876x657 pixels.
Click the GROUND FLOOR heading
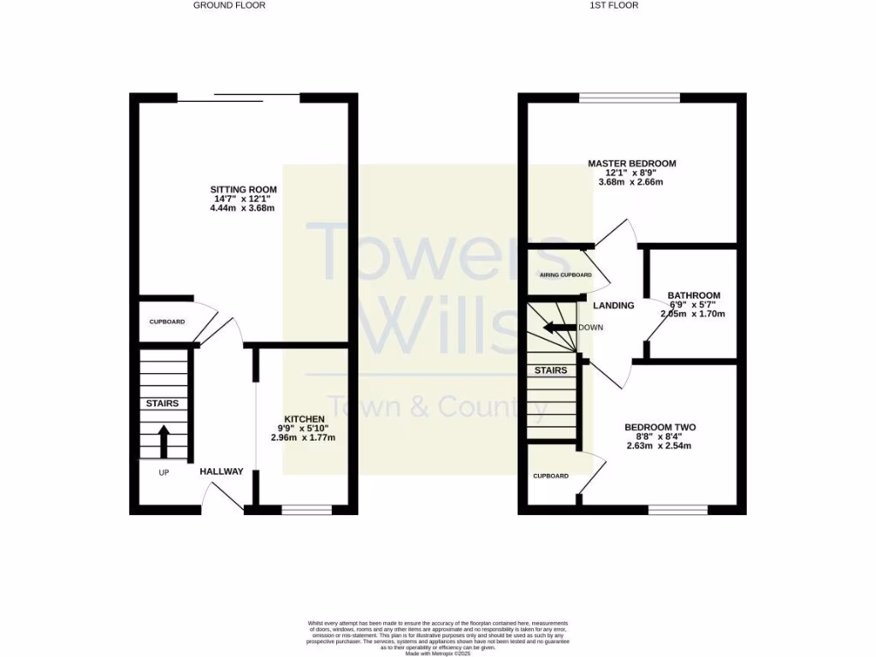click(x=229, y=5)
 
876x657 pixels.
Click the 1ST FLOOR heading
click(x=614, y=5)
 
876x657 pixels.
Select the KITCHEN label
click(x=305, y=418)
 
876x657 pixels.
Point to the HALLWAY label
click(x=222, y=471)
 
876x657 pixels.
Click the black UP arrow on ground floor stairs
click(x=163, y=441)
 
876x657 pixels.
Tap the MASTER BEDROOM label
click(x=631, y=163)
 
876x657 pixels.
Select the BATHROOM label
click(x=694, y=296)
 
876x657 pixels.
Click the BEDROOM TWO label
click(x=660, y=428)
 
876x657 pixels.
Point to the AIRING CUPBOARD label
click(x=565, y=275)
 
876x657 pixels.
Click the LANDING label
click(x=613, y=305)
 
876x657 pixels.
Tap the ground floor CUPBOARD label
click(x=167, y=322)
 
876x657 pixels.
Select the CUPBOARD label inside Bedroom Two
click(x=551, y=476)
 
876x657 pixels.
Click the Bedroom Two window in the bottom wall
click(x=678, y=510)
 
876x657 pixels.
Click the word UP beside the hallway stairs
click(x=163, y=471)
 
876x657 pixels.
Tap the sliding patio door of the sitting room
click(x=239, y=97)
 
